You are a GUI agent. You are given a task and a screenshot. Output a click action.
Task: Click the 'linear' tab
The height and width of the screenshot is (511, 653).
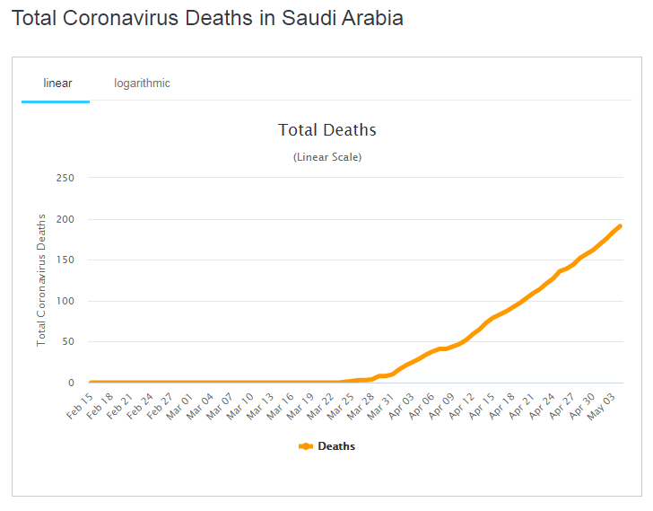pyautogui.click(x=57, y=84)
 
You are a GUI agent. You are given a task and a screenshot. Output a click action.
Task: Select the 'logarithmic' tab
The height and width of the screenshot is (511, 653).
pyautogui.click(x=142, y=84)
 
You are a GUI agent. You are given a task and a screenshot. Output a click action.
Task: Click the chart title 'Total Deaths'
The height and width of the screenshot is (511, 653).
pyautogui.click(x=326, y=130)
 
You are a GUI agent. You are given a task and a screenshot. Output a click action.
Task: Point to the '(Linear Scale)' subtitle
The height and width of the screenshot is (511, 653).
pyautogui.click(x=326, y=157)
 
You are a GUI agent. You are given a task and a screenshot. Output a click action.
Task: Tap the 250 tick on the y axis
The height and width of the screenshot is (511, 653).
pyautogui.click(x=65, y=178)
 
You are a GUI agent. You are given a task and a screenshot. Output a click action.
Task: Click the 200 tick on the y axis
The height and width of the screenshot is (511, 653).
pyautogui.click(x=65, y=219)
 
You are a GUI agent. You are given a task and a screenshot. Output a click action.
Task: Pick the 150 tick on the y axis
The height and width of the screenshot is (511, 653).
pyautogui.click(x=65, y=260)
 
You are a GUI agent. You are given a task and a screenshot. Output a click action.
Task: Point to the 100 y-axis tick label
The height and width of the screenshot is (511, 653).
pyautogui.click(x=65, y=301)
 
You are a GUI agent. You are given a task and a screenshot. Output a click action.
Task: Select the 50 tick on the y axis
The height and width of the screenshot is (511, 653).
pyautogui.click(x=67, y=342)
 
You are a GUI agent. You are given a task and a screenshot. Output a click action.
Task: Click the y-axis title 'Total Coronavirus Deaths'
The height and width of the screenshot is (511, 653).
pyautogui.click(x=41, y=280)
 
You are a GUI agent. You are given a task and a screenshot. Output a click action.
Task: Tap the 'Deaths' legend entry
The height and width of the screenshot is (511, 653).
pyautogui.click(x=336, y=446)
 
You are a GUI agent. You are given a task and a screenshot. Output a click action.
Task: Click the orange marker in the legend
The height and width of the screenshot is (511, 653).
pyautogui.click(x=305, y=446)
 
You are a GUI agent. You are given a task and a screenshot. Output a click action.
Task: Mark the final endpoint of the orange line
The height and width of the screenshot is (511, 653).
pyautogui.click(x=620, y=226)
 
